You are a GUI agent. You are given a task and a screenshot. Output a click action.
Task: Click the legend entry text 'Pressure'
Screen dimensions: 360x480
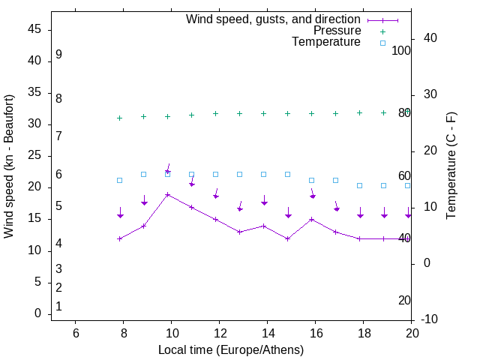tap(337, 31)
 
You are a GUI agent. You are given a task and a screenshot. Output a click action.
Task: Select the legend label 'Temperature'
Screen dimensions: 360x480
tap(326, 42)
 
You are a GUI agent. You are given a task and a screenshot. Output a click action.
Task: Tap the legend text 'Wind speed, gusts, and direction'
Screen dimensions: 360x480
tap(274, 19)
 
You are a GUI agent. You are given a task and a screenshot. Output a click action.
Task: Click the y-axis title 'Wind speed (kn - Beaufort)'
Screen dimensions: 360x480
tap(9, 166)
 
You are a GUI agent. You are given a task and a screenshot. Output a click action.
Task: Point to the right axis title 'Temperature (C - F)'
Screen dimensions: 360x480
tap(451, 166)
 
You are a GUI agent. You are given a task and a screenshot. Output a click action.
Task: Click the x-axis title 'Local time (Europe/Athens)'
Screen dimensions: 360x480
tap(231, 350)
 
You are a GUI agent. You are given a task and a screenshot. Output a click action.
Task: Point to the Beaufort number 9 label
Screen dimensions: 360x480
tap(58, 55)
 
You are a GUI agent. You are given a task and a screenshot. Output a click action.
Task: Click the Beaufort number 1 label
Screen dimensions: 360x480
tap(58, 307)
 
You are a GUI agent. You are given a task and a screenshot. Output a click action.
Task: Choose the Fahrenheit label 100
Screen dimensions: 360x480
tap(401, 51)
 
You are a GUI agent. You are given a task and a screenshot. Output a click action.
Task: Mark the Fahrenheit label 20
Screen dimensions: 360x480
tap(404, 301)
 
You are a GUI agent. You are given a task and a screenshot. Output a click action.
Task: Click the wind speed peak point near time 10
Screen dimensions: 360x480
tap(168, 194)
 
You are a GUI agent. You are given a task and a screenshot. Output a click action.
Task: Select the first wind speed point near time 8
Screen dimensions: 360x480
tap(120, 238)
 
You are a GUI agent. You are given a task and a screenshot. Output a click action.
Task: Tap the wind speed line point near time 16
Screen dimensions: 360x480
tap(312, 219)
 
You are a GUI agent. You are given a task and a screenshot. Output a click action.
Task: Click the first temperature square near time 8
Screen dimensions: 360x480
tap(120, 180)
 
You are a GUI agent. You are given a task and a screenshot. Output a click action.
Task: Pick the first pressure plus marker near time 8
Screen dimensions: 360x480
tap(120, 118)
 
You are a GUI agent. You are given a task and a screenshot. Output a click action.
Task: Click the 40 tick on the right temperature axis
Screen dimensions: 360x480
tap(430, 38)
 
